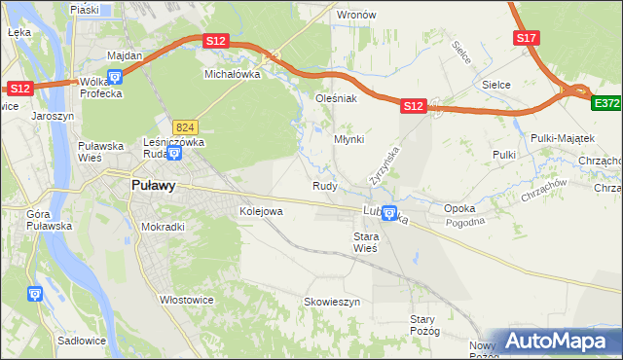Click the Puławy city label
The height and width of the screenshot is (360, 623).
click(x=154, y=187)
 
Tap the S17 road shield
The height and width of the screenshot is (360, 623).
click(x=526, y=38)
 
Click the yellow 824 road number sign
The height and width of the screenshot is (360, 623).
click(x=186, y=127)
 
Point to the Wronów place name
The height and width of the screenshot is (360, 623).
click(x=355, y=16)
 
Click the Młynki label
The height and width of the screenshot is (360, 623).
click(x=349, y=139)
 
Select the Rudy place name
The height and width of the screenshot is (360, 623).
click(x=325, y=185)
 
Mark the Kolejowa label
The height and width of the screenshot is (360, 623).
click(x=261, y=210)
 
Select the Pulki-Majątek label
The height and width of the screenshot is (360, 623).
click(x=556, y=139)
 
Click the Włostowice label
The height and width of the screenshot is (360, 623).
click(x=186, y=301)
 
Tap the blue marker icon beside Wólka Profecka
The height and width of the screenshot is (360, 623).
click(x=115, y=78)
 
